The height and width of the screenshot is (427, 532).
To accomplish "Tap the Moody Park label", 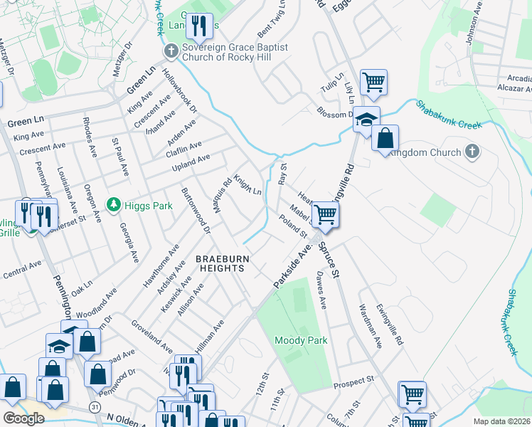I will tap(301, 340).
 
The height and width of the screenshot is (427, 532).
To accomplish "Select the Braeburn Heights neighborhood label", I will tap(220, 263).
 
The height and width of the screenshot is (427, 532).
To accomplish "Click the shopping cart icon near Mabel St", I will tap(325, 213).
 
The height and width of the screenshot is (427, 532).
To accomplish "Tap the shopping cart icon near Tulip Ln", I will tap(373, 82).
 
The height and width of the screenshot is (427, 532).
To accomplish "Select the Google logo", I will tap(23, 418).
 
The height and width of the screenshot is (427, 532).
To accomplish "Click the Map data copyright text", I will tap(502, 421).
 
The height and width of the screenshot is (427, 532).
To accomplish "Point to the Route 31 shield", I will tap(95, 406).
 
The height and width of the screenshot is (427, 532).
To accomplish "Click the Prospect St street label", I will tap(358, 381).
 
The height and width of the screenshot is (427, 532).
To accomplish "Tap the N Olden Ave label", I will tap(132, 419).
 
